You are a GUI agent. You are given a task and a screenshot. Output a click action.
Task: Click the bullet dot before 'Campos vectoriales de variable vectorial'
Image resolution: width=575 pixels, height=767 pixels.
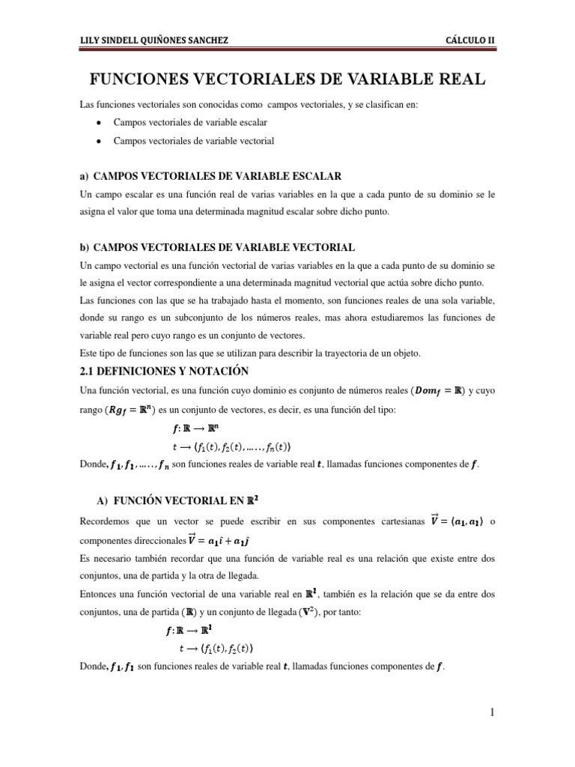pyautogui.click(x=100, y=141)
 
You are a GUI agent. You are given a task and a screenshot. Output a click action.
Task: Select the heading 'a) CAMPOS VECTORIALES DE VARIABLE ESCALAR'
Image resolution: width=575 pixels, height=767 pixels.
pyautogui.click(x=210, y=176)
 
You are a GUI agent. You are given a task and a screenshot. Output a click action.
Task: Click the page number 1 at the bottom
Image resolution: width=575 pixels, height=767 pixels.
pyautogui.click(x=493, y=712)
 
